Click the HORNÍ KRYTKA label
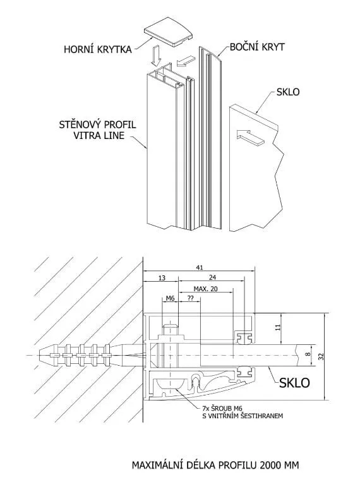98,49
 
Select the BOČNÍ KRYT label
257,47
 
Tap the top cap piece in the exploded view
169,32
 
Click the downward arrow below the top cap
155,56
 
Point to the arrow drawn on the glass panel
250,137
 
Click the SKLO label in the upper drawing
288,92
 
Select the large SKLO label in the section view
294,383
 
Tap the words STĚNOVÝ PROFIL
97,125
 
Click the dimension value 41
200,267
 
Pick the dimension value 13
162,278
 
